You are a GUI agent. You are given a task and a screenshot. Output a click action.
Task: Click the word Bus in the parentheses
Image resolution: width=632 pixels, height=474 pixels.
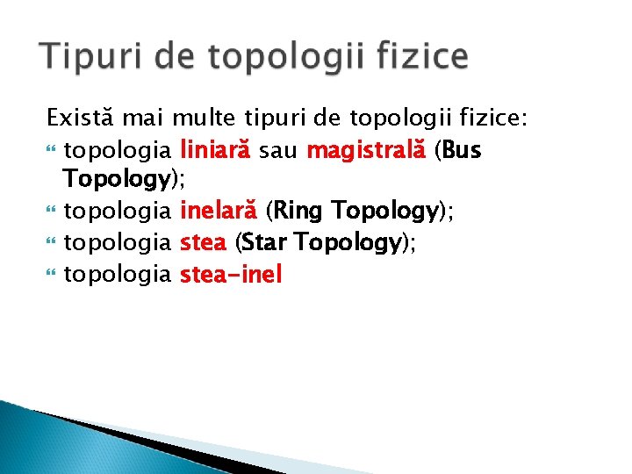[463, 150]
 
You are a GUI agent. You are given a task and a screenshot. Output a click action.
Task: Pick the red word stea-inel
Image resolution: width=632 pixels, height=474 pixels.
[231, 274]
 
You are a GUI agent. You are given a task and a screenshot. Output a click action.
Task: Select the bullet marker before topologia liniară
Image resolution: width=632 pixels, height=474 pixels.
[51, 151]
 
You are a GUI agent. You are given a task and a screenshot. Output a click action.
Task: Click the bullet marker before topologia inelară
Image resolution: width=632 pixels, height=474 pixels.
[51, 212]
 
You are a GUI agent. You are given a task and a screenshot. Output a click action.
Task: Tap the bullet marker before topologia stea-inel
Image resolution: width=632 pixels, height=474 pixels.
[51, 275]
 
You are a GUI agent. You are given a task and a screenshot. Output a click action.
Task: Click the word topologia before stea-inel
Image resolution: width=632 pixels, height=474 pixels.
[118, 274]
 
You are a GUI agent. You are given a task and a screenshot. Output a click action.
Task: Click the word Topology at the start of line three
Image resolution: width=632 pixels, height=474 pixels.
[116, 180]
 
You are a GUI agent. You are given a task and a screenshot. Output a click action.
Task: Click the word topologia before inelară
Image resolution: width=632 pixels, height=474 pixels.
[118, 211]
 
